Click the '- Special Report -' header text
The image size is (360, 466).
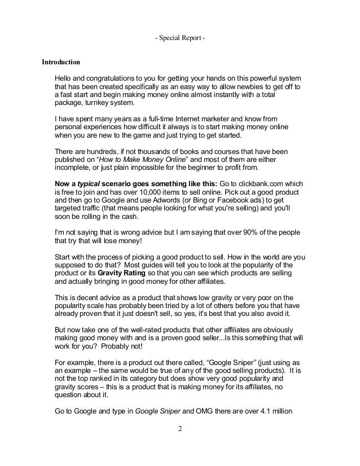[179, 39]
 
